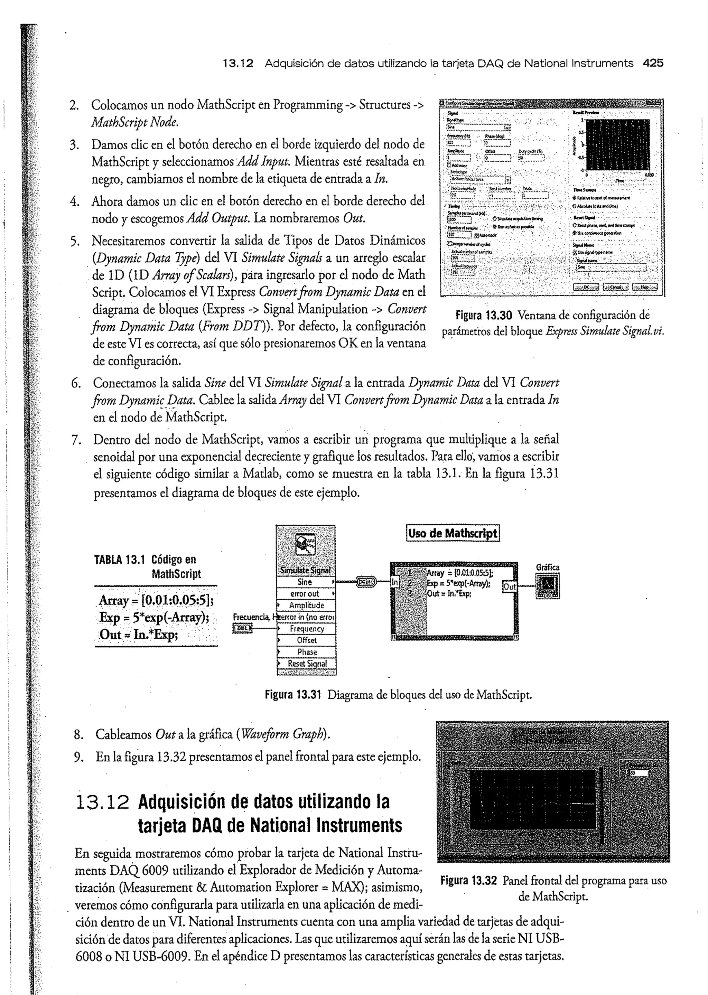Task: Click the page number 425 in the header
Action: click(653, 63)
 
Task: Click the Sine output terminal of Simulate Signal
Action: click(305, 582)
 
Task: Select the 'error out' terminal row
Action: click(305, 594)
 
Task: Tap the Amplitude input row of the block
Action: click(307, 606)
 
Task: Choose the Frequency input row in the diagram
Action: click(307, 629)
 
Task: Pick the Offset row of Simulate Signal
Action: click(307, 640)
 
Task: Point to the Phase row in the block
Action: click(307, 652)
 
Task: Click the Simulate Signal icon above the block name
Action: click(306, 545)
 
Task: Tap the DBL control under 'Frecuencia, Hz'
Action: click(243, 628)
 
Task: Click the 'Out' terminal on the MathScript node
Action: click(510, 586)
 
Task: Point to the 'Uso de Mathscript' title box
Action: click(453, 533)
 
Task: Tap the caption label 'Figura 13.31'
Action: click(292, 694)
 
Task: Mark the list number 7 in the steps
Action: click(76, 439)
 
